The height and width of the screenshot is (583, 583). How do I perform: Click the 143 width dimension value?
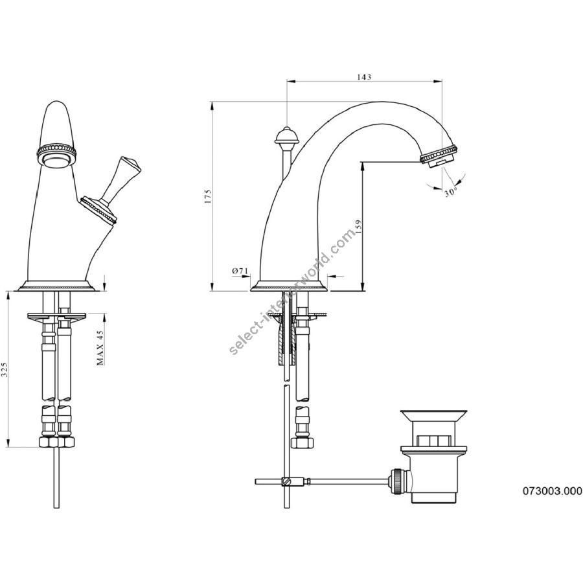coord(364,77)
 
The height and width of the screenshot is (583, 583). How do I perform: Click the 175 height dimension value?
coord(207,196)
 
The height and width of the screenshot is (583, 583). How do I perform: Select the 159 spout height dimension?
coord(358,227)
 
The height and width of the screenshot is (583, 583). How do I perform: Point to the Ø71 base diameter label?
coord(240,271)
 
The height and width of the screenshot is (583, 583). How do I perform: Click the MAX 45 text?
coord(100,347)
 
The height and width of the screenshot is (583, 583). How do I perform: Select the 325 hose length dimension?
coord(4,370)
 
